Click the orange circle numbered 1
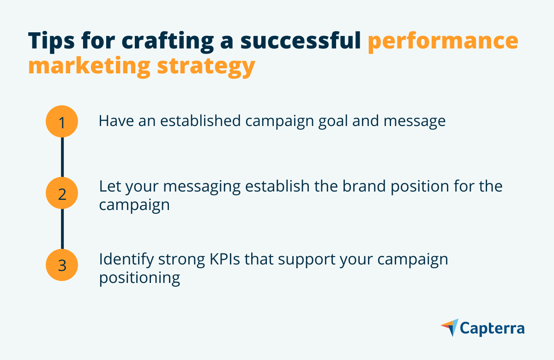click(x=62, y=121)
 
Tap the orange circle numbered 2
click(x=62, y=193)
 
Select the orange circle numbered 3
click(x=62, y=265)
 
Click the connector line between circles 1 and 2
click(x=62, y=157)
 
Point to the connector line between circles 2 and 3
click(x=62, y=229)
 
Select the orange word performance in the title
click(x=443, y=42)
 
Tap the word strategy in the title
click(x=206, y=67)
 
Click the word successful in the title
click(x=301, y=41)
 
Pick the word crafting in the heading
click(x=168, y=42)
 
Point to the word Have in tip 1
click(x=116, y=121)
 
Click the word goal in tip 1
click(x=333, y=122)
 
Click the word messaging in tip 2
click(x=202, y=188)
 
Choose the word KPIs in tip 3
click(x=225, y=259)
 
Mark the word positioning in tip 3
click(x=139, y=279)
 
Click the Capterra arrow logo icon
click(x=450, y=327)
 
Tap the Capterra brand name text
click(x=492, y=329)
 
